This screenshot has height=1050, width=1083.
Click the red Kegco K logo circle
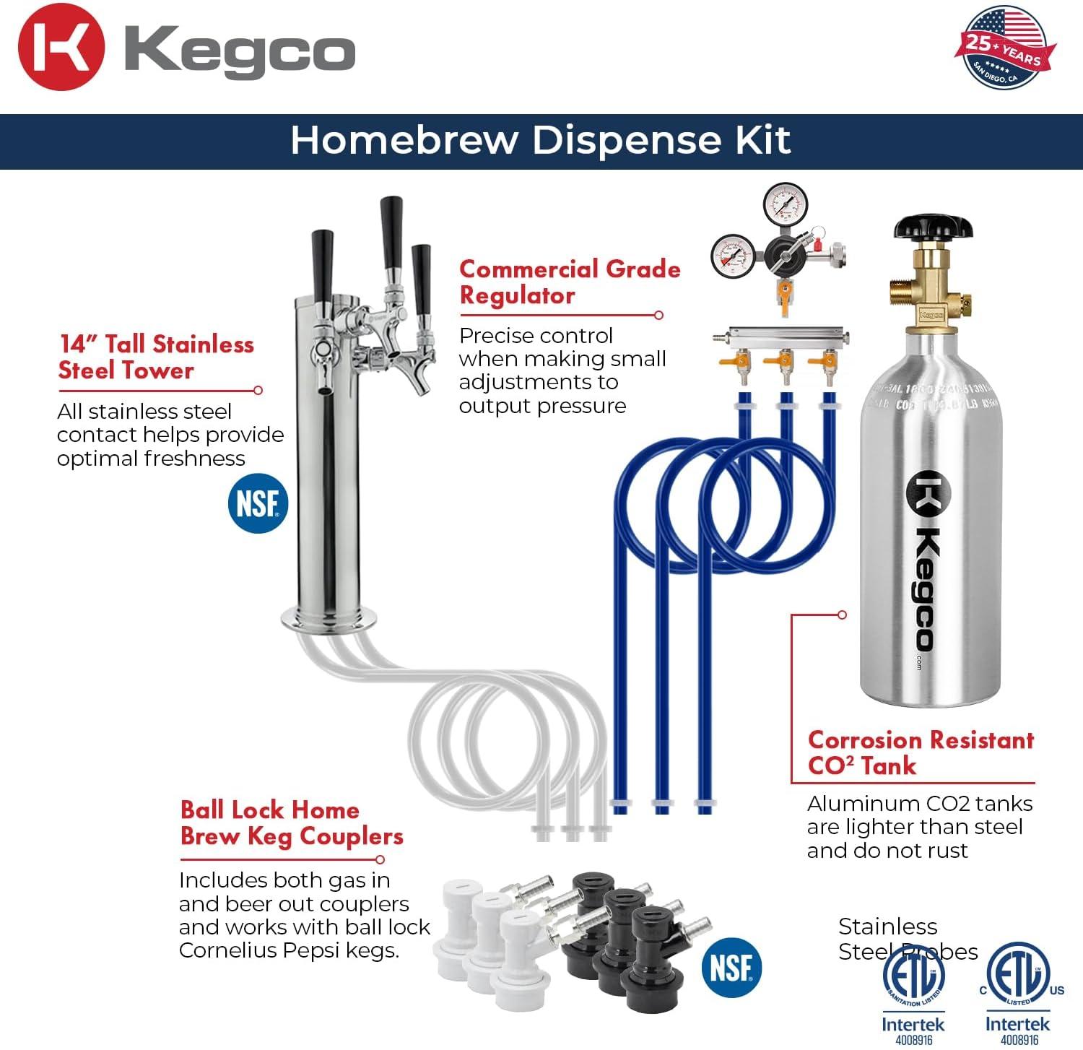(61, 48)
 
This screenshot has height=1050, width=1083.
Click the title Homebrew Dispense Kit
(541, 140)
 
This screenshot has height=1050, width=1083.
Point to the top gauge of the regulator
(785, 205)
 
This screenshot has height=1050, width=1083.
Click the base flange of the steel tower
(329, 617)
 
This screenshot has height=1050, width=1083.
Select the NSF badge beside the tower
(258, 503)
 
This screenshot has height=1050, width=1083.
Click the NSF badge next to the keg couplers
(731, 967)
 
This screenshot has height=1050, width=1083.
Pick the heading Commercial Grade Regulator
(570, 282)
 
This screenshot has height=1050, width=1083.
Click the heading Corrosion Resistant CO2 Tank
(921, 752)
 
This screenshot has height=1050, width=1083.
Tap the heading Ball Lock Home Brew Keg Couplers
(291, 823)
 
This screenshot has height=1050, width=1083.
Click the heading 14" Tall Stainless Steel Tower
(156, 357)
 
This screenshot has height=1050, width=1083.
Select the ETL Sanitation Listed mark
(913, 976)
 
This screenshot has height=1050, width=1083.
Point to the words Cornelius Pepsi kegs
(289, 950)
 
